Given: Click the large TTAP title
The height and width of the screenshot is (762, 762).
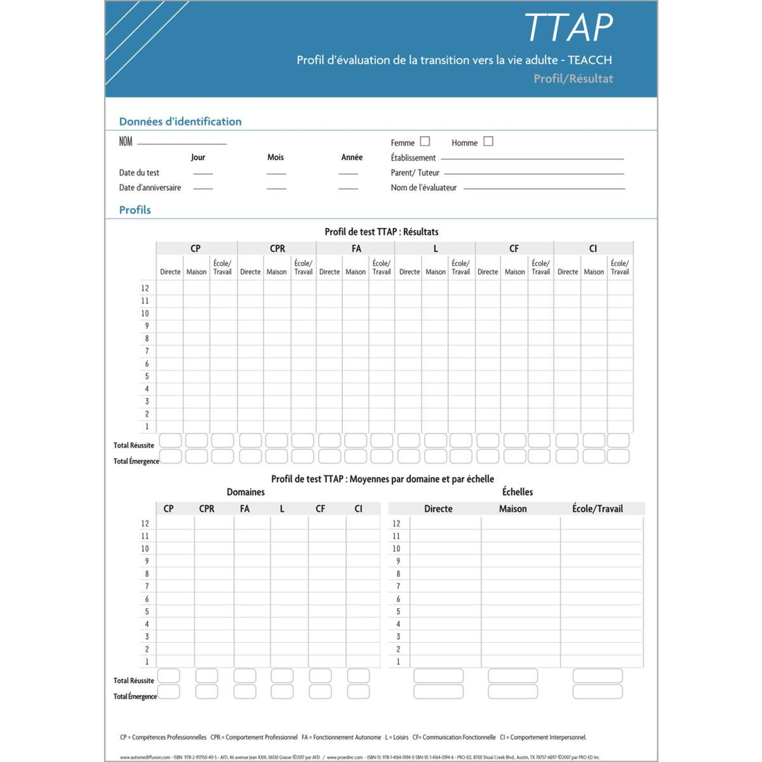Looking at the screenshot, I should [x=569, y=28].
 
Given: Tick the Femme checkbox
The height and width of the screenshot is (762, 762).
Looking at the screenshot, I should [x=425, y=141].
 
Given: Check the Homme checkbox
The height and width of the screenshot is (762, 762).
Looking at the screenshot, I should [x=488, y=141].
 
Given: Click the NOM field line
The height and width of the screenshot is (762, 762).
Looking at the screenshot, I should [x=181, y=143].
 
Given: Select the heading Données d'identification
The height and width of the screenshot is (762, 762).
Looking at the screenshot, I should [x=180, y=121].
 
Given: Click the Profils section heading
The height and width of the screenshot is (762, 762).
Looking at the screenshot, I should [x=134, y=210].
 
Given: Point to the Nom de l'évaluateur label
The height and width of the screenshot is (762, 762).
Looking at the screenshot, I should [x=423, y=188].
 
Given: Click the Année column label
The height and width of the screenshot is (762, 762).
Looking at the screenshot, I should [x=352, y=157].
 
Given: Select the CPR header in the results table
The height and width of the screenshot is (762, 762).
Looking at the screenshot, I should [x=277, y=248].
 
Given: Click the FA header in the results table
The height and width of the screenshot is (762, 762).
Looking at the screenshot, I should [x=356, y=248].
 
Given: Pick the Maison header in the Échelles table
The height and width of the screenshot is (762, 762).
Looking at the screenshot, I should [x=513, y=508].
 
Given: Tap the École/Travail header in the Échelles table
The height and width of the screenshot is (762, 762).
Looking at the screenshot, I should [x=597, y=508].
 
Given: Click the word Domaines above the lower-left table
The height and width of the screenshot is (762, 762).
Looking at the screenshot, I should [x=245, y=492].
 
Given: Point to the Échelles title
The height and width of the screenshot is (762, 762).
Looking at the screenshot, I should [x=517, y=492].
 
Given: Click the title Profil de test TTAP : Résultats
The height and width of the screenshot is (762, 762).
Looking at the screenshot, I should [x=381, y=231].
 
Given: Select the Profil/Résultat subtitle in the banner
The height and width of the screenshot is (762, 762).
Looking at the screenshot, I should [x=573, y=79].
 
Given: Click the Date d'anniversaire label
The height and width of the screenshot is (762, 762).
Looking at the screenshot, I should [x=150, y=188].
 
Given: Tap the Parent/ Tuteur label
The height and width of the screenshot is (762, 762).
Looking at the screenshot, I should [x=415, y=172].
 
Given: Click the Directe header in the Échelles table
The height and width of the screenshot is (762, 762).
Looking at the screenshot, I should [x=438, y=508].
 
